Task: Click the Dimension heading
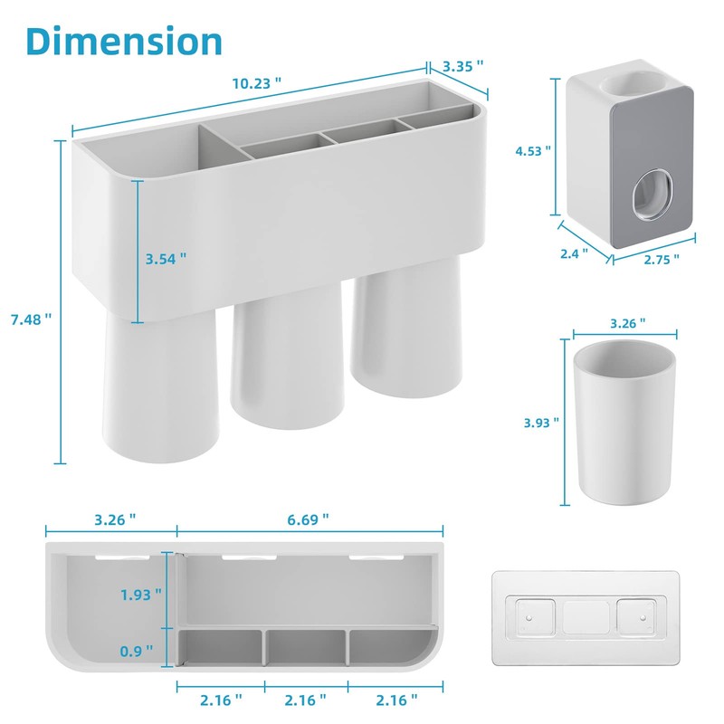(x=124, y=41)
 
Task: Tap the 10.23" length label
(x=256, y=83)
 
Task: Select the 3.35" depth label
(x=462, y=66)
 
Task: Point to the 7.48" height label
(x=32, y=319)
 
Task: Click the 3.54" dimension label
(x=166, y=259)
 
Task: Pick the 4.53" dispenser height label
(x=533, y=150)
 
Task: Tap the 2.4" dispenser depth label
(x=574, y=253)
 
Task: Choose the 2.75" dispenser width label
(x=662, y=259)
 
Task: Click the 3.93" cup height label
(x=541, y=423)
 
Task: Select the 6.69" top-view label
(x=308, y=519)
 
